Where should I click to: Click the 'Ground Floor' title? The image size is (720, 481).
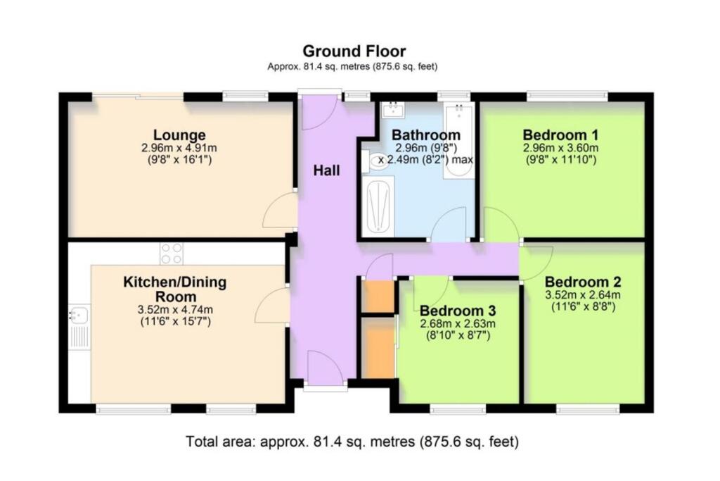tap(354, 51)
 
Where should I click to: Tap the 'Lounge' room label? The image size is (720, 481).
tap(179, 135)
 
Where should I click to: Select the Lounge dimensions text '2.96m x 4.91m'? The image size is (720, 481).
tap(179, 148)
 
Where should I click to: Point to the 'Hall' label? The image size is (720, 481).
tap(327, 170)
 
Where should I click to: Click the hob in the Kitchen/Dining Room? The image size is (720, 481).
tap(171, 254)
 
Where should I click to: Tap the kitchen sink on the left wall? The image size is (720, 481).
tap(79, 316)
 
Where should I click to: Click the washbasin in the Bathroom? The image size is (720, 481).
tap(392, 110)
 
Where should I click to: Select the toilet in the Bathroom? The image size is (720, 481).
tap(373, 161)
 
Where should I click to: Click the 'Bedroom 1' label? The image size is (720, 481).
tap(560, 135)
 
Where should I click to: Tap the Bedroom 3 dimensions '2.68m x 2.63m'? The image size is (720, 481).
tap(458, 324)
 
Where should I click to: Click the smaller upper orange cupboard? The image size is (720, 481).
tap(377, 296)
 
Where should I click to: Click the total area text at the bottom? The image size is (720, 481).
tap(352, 442)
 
